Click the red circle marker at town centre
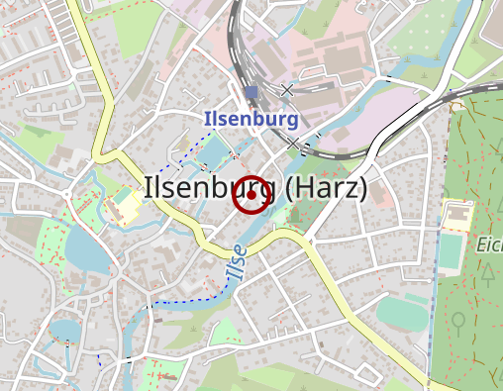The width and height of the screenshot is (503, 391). point(251,195)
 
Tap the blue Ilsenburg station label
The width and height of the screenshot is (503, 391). point(251,119)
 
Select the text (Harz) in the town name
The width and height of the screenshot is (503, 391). point(327,188)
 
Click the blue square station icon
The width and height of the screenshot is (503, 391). point(251,93)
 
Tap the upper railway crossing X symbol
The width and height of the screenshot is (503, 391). point(287,90)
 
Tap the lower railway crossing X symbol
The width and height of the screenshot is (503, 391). point(292,145)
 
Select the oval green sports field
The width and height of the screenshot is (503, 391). point(400,314)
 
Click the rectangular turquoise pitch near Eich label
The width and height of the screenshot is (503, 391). point(452,248)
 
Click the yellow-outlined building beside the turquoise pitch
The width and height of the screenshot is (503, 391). point(457,214)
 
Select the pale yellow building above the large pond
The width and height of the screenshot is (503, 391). point(125,208)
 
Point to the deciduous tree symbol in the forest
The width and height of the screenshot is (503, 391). point(458,322)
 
